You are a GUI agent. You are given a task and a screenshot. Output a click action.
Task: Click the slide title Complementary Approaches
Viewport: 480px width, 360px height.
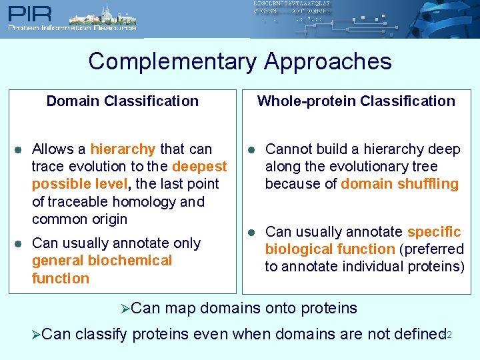click(x=240, y=61)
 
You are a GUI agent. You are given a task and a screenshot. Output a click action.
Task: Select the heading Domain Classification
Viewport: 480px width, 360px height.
click(x=122, y=101)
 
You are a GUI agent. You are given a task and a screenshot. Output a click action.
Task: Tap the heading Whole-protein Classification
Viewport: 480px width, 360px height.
click(x=356, y=101)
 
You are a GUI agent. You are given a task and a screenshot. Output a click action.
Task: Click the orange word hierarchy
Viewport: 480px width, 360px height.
click(x=123, y=149)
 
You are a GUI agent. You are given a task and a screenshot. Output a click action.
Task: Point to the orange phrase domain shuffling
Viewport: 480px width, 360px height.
click(x=399, y=184)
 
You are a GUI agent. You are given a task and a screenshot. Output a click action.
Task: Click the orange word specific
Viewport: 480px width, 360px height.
click(x=433, y=232)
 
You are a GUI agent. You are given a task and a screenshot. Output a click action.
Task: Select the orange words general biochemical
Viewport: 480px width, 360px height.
click(x=101, y=261)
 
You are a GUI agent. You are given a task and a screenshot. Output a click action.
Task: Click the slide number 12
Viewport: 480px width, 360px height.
click(x=447, y=335)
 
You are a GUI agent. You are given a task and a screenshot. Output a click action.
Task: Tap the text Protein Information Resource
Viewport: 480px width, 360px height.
click(x=72, y=28)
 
